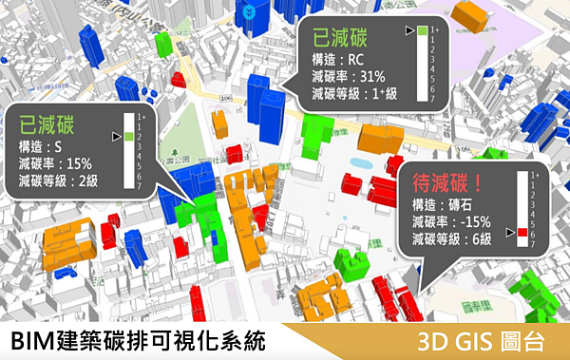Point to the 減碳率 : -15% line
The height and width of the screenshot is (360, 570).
[x=451, y=221]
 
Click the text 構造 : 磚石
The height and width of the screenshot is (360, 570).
[x=442, y=204]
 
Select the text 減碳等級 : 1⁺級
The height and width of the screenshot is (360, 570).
[x=355, y=94]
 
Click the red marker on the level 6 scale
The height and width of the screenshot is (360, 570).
[x=522, y=234]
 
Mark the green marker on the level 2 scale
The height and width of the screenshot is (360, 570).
[x=126, y=138]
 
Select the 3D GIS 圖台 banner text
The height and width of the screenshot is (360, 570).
[x=484, y=340]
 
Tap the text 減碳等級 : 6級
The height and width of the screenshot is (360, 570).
[x=451, y=238]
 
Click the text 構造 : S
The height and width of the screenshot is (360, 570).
[x=39, y=146]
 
